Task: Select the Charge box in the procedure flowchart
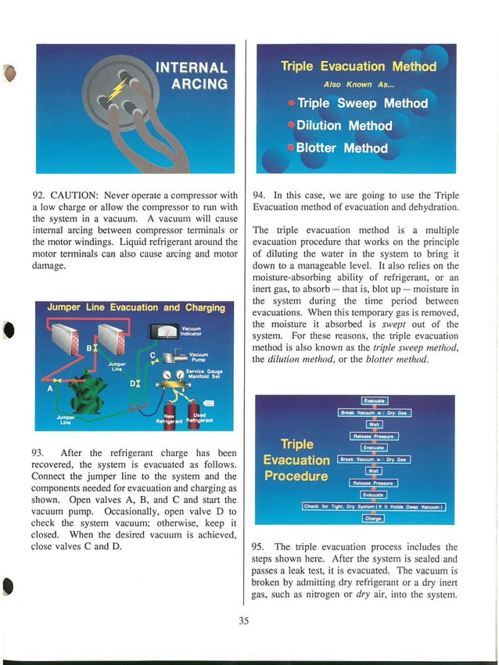point(373,519)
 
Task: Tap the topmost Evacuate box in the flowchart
point(373,402)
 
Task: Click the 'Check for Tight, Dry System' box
point(374,506)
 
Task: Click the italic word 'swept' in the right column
point(404,323)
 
